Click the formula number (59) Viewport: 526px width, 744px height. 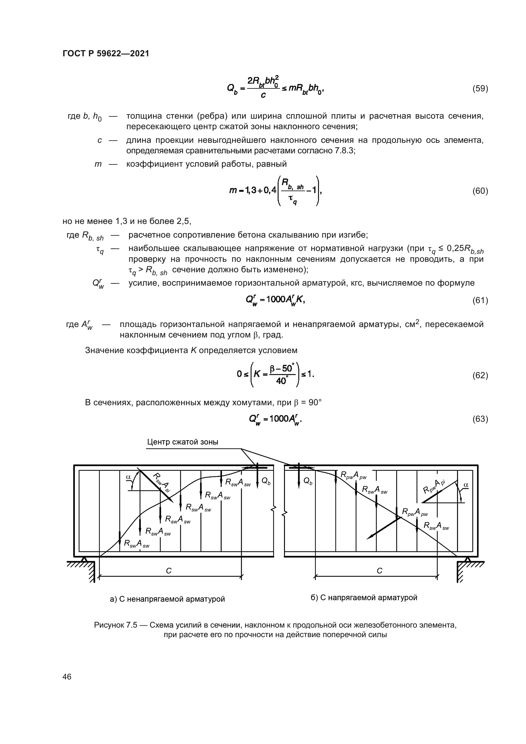click(x=480, y=88)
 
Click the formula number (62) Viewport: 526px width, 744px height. click(x=480, y=375)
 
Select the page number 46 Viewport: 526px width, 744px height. click(x=67, y=677)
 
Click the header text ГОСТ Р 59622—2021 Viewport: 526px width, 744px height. click(x=106, y=53)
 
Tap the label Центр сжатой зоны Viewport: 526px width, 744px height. click(x=182, y=442)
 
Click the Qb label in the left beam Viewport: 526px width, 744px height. click(x=266, y=482)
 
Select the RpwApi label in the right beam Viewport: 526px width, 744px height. click(x=434, y=486)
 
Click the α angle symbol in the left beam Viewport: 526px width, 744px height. click(x=128, y=477)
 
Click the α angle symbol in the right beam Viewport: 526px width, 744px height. click(x=466, y=485)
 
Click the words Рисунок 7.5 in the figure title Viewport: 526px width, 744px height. click(x=115, y=625)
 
